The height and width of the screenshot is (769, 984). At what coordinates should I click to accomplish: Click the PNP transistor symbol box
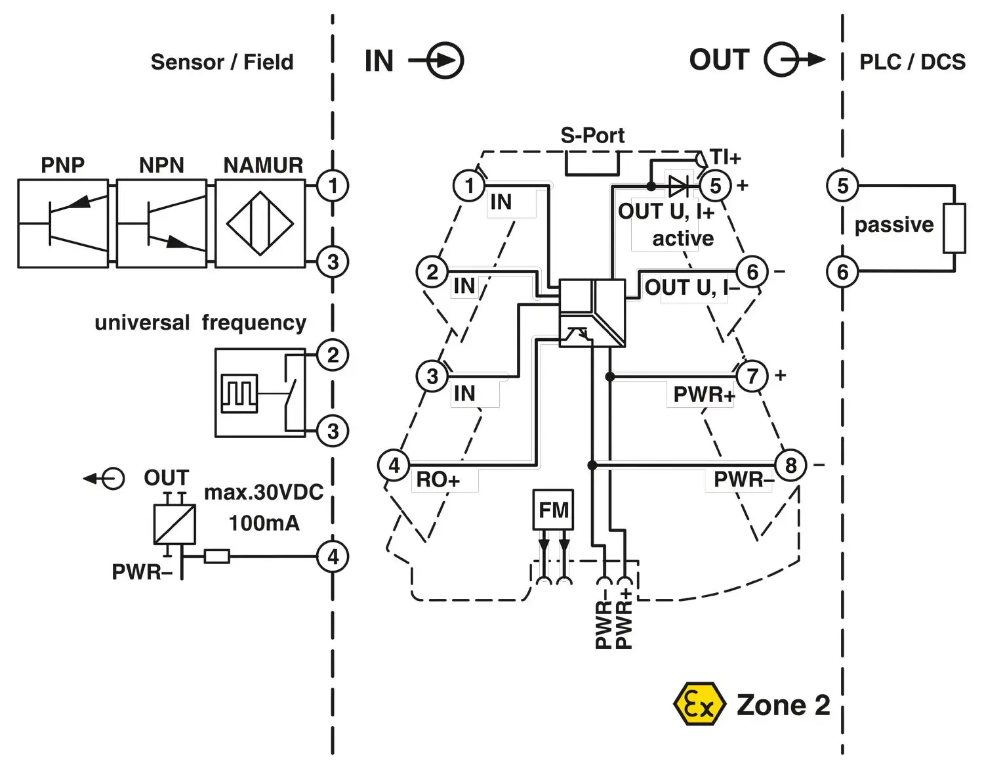63,224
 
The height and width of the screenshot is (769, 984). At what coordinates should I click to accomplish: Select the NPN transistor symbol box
161,224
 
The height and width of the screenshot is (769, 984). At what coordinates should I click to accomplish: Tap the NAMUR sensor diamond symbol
260,224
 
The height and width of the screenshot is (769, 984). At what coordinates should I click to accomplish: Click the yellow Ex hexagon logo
699,705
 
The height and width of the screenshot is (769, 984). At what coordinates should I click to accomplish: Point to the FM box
553,510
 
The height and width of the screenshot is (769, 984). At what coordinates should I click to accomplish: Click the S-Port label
592,135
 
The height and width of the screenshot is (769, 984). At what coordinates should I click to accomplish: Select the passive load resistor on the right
954,229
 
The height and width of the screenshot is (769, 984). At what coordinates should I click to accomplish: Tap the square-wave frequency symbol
239,393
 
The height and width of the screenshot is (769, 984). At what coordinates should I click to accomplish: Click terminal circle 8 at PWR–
790,465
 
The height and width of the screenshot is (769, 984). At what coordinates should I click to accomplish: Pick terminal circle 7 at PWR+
752,376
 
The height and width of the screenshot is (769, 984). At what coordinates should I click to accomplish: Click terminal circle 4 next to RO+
394,465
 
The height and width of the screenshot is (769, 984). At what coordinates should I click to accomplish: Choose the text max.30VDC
264,492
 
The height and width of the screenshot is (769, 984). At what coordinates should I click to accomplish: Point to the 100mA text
264,523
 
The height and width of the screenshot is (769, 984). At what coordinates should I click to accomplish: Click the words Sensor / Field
222,62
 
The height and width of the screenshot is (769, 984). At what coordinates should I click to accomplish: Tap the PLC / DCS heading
912,62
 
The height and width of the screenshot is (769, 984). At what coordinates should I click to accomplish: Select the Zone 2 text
783,705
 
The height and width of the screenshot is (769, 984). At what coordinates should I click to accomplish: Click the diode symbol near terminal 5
678,187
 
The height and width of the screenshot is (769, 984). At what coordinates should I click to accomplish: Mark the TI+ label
726,158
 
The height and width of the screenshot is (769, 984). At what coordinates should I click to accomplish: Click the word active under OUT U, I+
683,238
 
